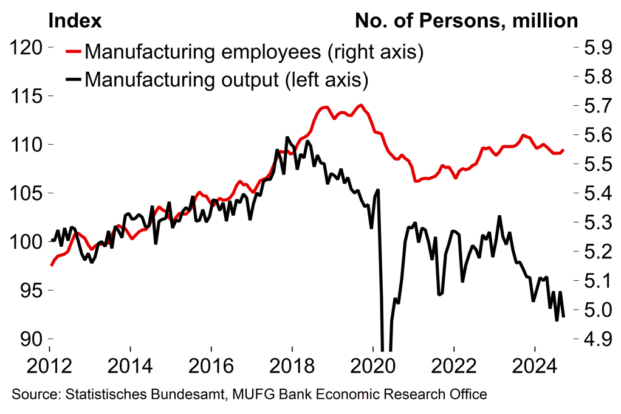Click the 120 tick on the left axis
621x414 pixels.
(26, 48)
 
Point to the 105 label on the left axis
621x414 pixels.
(26, 194)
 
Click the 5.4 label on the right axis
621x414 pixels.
(592, 194)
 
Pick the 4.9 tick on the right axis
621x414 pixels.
(592, 339)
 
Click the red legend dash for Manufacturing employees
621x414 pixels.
(74, 52)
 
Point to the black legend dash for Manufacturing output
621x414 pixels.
(74, 78)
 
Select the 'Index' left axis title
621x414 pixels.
(74, 21)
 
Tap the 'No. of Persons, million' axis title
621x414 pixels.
(466, 21)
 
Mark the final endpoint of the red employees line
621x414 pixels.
(564, 150)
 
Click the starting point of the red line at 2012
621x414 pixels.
(50, 265)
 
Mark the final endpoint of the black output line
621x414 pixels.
(564, 317)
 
